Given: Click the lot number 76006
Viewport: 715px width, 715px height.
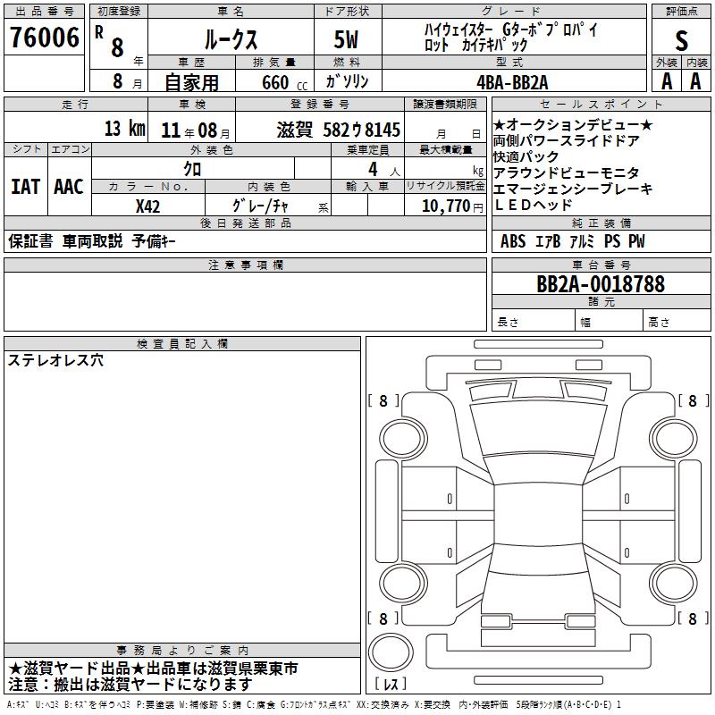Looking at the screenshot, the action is coord(45,38).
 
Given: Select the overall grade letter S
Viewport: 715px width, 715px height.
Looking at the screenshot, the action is coord(681,40).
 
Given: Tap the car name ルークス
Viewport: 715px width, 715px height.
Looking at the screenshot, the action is coord(231,39).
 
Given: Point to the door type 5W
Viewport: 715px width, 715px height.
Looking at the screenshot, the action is coord(346,39).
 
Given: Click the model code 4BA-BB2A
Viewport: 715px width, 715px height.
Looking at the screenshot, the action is coord(512,82).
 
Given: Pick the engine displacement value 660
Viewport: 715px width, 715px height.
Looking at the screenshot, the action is coord(275,82).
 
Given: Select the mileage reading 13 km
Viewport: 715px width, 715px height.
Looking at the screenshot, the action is coord(125,128).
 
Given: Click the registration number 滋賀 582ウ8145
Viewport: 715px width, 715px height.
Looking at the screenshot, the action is coord(339,130).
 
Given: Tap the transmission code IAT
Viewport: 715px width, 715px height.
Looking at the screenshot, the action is coord(25,187).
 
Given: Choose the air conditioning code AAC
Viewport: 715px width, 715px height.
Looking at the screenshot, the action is coord(69,187).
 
